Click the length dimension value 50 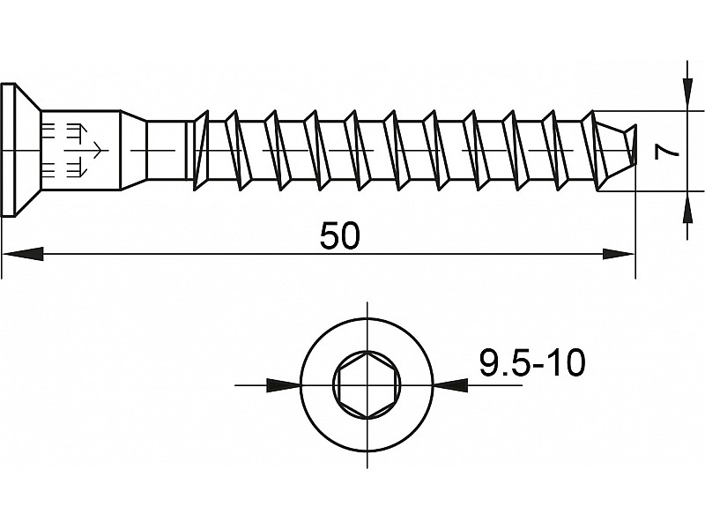(x=339, y=236)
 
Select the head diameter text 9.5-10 (x=532, y=362)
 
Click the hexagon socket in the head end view (x=367, y=385)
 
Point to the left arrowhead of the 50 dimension (x=24, y=254)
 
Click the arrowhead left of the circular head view (x=283, y=385)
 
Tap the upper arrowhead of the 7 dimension (x=687, y=94)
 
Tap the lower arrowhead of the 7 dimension (x=687, y=207)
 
